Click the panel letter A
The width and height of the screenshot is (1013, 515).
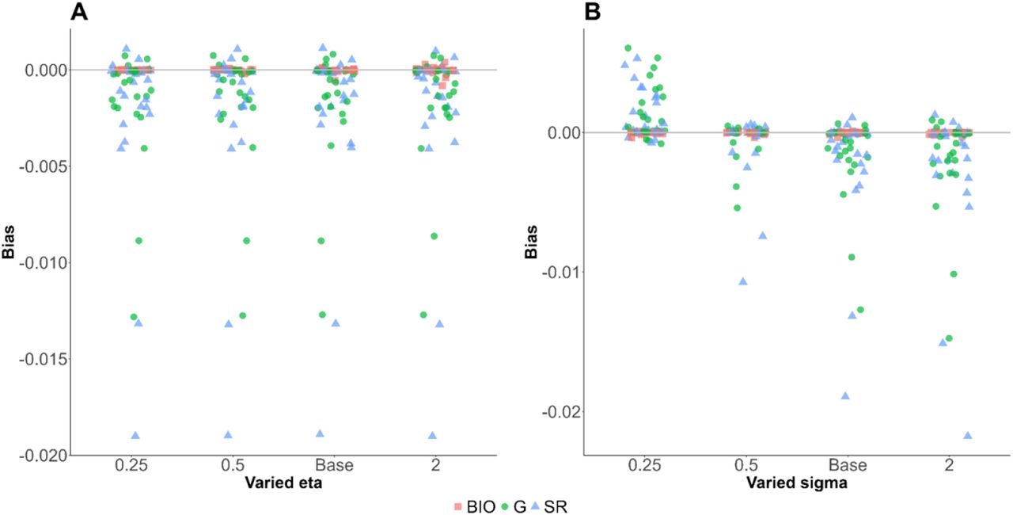(79, 11)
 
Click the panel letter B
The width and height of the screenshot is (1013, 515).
(593, 11)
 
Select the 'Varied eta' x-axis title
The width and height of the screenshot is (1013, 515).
(283, 483)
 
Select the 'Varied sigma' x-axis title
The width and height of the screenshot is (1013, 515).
(797, 483)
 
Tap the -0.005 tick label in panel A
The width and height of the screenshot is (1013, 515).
(43, 166)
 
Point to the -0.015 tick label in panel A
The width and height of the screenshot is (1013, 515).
(43, 360)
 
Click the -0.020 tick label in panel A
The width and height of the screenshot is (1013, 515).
(43, 456)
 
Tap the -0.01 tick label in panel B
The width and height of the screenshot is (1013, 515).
(560, 273)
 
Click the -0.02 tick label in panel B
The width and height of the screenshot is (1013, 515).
(560, 412)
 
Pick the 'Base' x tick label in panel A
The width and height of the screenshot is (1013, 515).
(334, 465)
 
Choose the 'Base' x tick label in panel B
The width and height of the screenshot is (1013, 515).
(848, 465)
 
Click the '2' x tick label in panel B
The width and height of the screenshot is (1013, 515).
(949, 465)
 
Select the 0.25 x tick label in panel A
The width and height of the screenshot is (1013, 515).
(131, 465)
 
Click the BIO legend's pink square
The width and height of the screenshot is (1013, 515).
(457, 507)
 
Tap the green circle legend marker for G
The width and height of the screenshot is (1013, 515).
(506, 507)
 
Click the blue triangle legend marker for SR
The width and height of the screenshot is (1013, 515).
(535, 507)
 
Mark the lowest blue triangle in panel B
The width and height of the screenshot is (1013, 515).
(968, 435)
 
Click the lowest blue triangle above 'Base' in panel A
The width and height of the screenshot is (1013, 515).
(320, 433)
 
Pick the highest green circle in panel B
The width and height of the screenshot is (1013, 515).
(628, 48)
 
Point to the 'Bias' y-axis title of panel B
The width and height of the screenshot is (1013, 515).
(531, 242)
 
